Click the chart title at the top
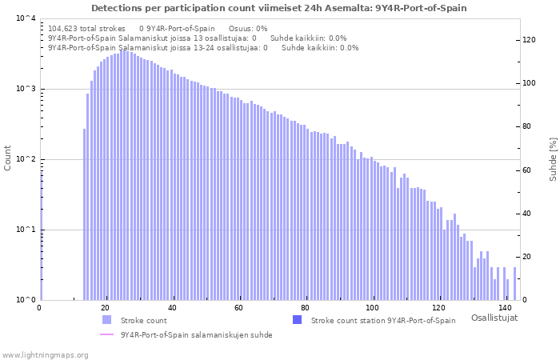[x=278, y=8]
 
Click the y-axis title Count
[x=8, y=158]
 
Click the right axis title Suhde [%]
[x=552, y=158]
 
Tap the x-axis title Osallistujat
[x=494, y=318]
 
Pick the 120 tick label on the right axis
[x=529, y=40]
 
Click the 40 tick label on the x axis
[x=172, y=308]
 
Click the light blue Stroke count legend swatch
[x=107, y=320]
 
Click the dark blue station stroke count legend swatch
[x=298, y=320]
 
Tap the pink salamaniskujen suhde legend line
[x=107, y=334]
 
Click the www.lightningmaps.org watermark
[x=45, y=354]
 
